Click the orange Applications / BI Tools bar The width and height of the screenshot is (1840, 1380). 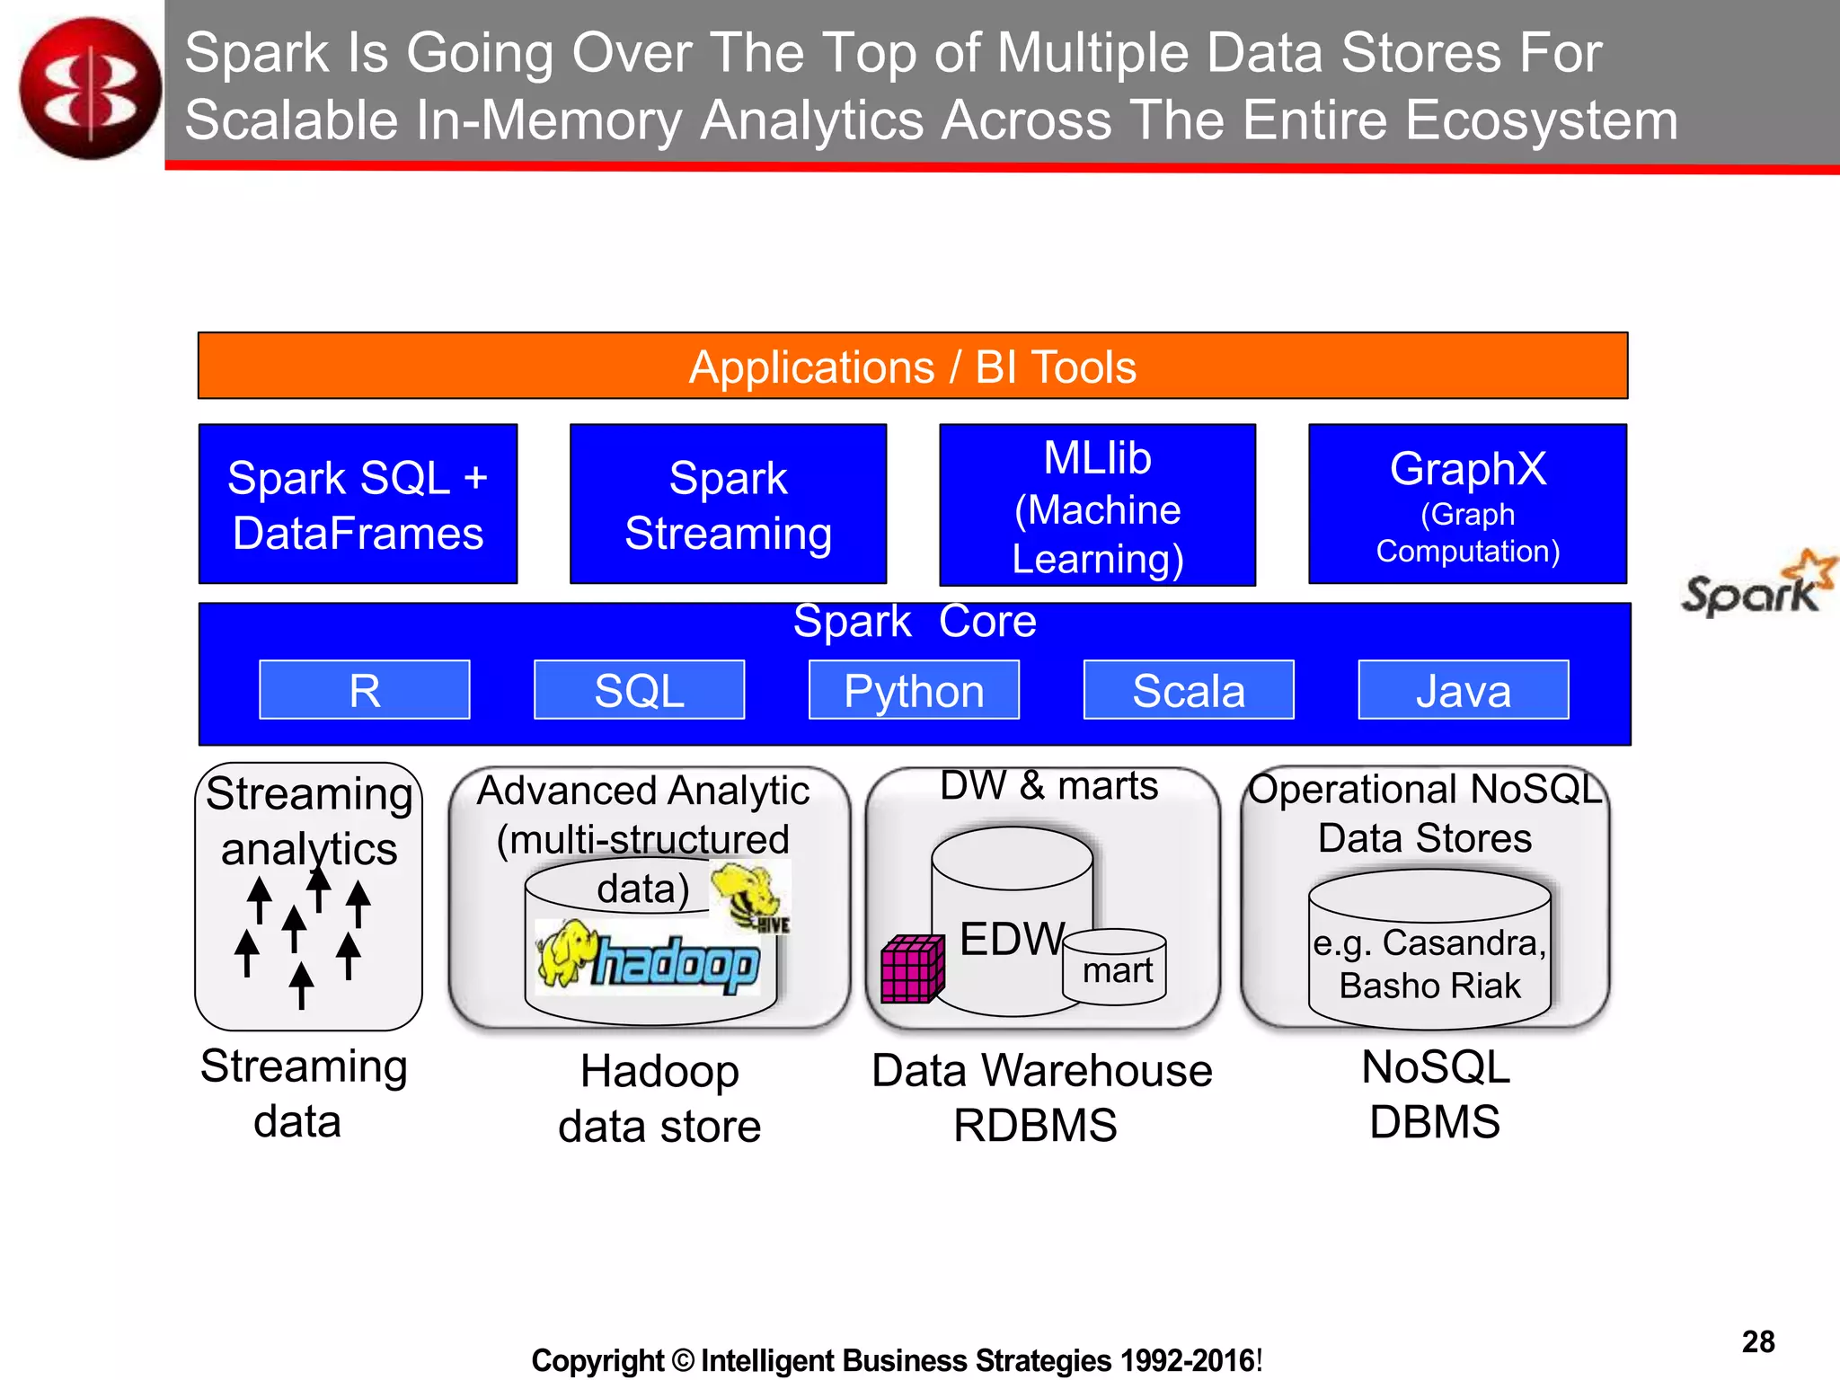tap(912, 366)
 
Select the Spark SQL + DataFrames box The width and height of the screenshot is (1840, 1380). tap(358, 504)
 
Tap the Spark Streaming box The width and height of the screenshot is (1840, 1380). tap(728, 504)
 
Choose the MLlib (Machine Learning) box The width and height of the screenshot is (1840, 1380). tap(1097, 506)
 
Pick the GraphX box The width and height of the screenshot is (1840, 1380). tap(1467, 504)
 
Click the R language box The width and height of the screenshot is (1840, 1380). tap(364, 690)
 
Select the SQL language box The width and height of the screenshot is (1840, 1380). tap(639, 690)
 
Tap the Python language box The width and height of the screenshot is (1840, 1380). tap(914, 690)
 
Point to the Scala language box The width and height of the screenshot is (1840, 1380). tap(1189, 690)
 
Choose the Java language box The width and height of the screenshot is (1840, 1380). tap(1463, 690)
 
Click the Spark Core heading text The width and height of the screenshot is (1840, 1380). tap(914, 622)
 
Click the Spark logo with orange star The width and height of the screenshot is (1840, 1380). tap(1756, 587)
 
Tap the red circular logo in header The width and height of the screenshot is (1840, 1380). tap(90, 88)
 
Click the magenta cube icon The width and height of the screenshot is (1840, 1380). tap(912, 969)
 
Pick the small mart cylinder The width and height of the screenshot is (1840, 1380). tap(1114, 967)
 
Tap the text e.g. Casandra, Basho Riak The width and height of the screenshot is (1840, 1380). tap(1429, 964)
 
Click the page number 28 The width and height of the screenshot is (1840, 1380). tap(1757, 1341)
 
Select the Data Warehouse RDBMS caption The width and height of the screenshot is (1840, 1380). tap(1041, 1097)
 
